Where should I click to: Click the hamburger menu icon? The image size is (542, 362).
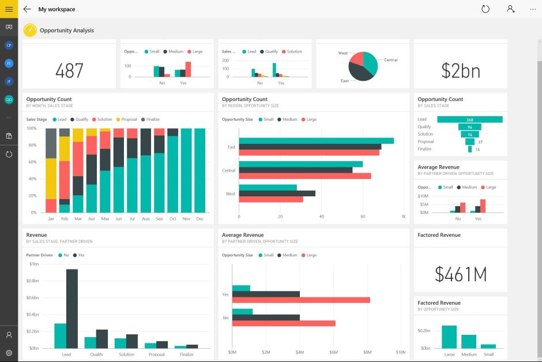[x=9, y=9]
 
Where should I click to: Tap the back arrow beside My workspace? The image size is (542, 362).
[x=27, y=9]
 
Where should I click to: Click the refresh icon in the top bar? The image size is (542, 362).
[x=485, y=9]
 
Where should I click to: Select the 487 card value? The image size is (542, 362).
[x=69, y=70]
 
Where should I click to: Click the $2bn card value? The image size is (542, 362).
[x=460, y=70]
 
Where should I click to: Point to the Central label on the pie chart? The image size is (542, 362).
[x=390, y=60]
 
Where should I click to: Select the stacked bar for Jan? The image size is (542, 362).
[x=51, y=170]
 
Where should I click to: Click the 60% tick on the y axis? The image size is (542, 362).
[x=32, y=162]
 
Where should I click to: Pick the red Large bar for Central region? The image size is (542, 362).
[x=304, y=176]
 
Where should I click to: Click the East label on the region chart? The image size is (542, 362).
[x=231, y=147]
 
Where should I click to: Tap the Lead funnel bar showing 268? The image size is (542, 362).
[x=469, y=120]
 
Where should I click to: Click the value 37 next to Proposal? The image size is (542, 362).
[x=480, y=142]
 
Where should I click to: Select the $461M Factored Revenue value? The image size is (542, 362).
[x=460, y=274]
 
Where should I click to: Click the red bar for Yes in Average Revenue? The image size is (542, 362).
[x=300, y=300]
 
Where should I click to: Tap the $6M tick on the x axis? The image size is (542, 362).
[x=333, y=352]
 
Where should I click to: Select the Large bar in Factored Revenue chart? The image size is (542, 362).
[x=449, y=337]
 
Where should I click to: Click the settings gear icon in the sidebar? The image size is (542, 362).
[x=9, y=352]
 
